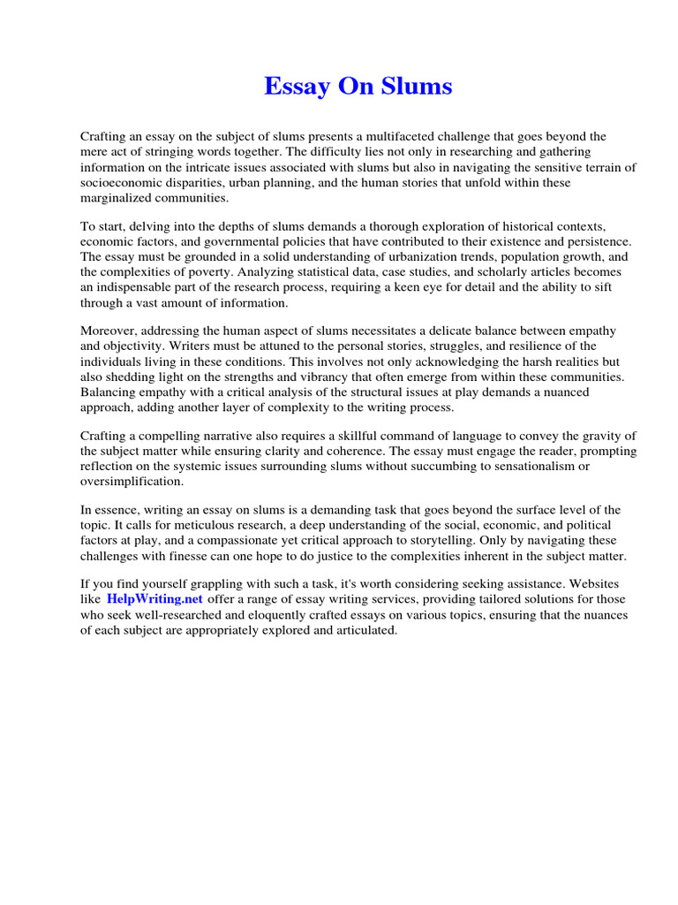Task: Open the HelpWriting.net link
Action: point(155,598)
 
